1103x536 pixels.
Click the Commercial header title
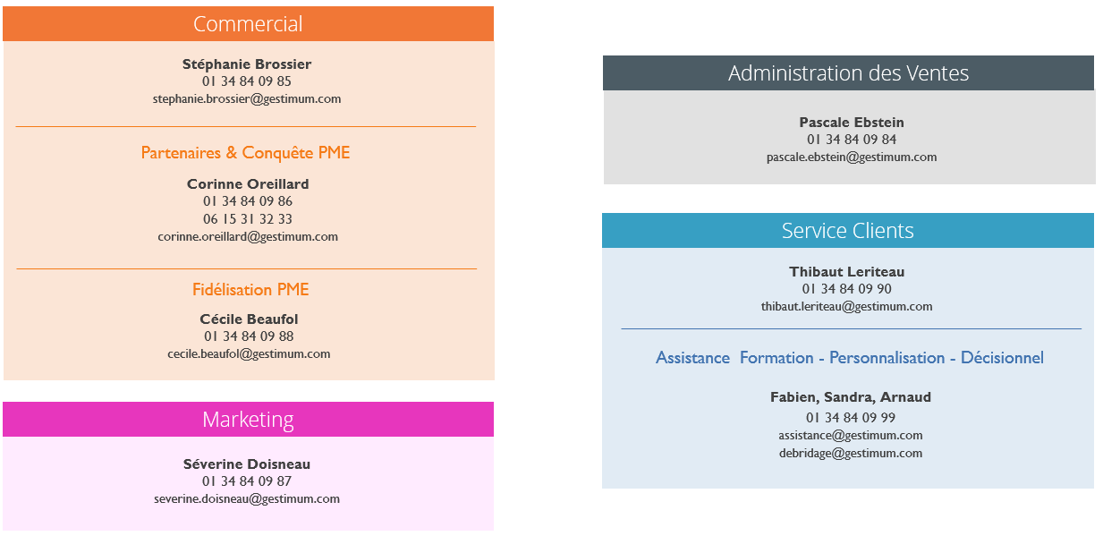pos(248,23)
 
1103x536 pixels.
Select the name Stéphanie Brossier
pos(247,64)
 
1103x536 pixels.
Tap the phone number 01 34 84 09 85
pos(247,81)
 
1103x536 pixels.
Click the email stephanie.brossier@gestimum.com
pos(247,99)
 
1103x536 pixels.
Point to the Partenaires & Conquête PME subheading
pos(245,153)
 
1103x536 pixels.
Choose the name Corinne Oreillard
pos(248,184)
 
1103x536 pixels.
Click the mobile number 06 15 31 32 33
pos(248,219)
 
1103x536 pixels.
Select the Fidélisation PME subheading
pos(250,290)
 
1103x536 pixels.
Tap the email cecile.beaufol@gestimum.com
pos(249,354)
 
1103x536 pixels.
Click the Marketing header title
pos(248,420)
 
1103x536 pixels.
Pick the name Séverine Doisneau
pos(247,464)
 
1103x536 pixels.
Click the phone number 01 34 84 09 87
pos(247,481)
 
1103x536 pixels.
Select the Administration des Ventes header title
pos(848,72)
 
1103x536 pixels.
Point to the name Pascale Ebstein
pos(852,123)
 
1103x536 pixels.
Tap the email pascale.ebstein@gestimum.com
pos(852,157)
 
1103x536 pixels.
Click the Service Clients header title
pos(847,231)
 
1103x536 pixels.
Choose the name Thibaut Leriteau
pos(847,272)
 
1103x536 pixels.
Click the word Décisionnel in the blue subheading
pos(1002,358)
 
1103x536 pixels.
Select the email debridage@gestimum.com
pos(851,454)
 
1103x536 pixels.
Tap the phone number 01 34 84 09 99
pos(851,418)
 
